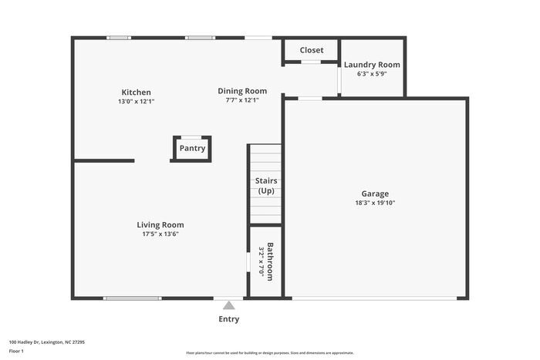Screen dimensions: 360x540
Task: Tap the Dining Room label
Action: tap(241, 91)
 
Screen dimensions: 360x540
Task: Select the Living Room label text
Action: tap(160, 225)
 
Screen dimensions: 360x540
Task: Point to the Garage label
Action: tap(375, 193)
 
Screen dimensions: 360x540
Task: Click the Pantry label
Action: tap(192, 148)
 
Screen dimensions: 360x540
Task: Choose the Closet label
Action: tap(312, 50)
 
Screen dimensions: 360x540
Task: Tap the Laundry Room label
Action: tap(372, 65)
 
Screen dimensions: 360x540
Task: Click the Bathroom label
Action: tap(270, 261)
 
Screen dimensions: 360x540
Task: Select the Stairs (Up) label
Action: tap(266, 186)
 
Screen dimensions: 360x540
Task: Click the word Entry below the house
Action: tap(229, 319)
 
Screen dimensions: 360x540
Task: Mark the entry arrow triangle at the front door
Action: tap(228, 304)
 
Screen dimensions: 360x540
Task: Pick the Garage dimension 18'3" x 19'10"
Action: tap(375, 203)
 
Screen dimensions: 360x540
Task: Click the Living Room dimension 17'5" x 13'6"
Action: tap(160, 234)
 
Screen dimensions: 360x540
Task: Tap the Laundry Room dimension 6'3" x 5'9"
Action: tap(372, 74)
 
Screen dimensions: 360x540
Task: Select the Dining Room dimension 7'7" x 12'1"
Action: tap(241, 100)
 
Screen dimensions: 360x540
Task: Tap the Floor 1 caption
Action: tap(17, 352)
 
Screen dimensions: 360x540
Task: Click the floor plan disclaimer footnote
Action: tap(270, 352)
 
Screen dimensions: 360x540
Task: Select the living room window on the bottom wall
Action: tap(132, 298)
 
